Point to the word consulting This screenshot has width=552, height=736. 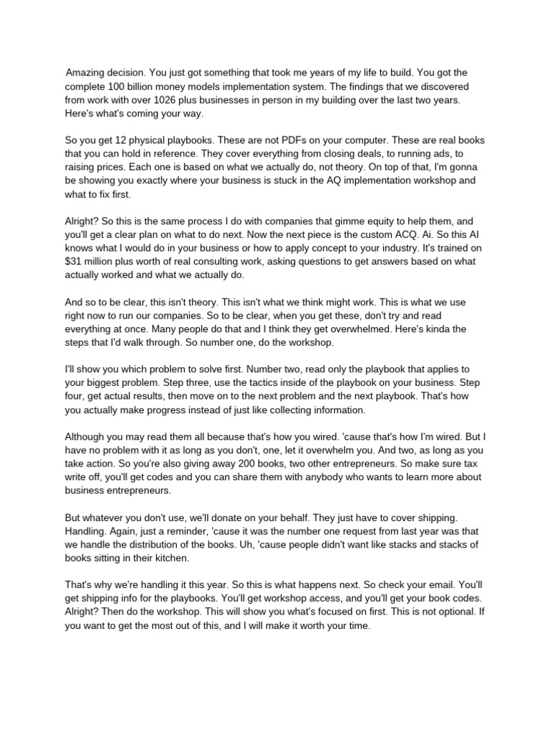coord(238,262)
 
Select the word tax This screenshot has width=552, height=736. coord(473,464)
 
